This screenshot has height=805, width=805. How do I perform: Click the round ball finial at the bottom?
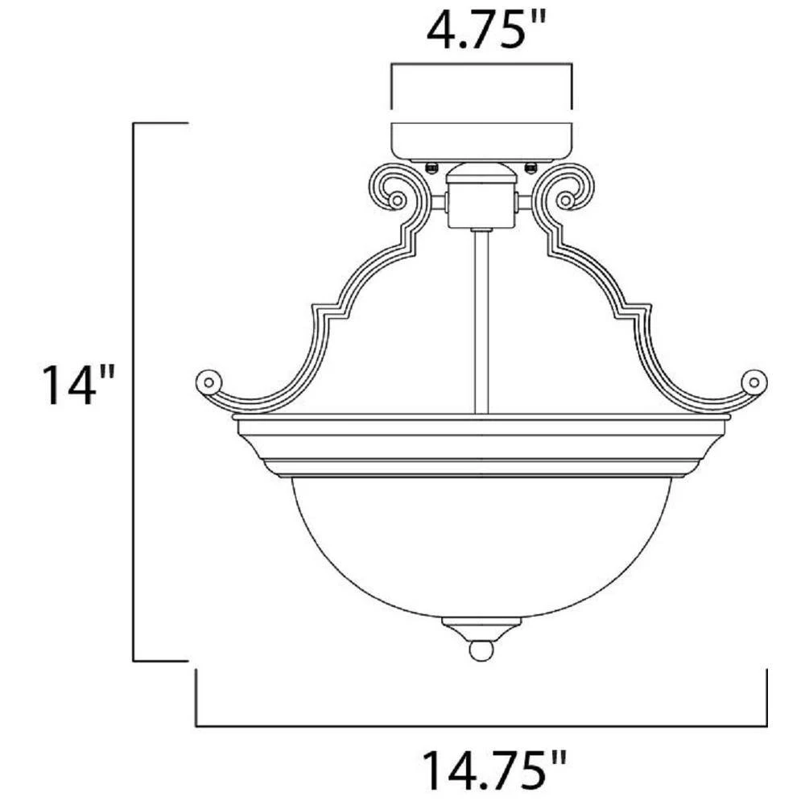pyautogui.click(x=481, y=649)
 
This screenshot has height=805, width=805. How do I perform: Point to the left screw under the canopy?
pyautogui.click(x=432, y=166)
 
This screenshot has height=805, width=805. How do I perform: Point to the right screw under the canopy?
pyautogui.click(x=530, y=166)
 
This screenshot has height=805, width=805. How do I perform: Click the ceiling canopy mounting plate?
pyautogui.click(x=481, y=141)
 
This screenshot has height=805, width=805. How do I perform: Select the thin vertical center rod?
pyautogui.click(x=481, y=322)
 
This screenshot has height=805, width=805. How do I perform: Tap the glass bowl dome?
pyautogui.click(x=481, y=547)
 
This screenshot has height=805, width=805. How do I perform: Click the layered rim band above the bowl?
pyautogui.click(x=481, y=447)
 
